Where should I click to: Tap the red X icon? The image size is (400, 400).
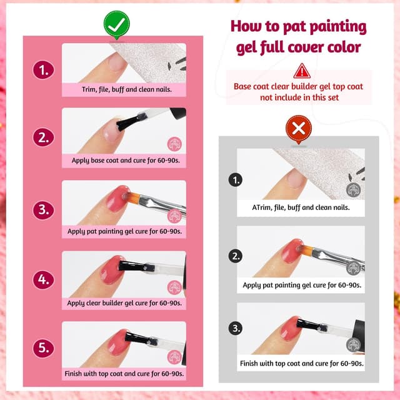[x=299, y=129]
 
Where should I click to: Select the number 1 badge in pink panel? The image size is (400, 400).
[x=42, y=71]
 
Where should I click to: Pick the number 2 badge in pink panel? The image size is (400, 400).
[x=42, y=138]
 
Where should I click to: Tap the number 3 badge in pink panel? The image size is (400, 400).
[x=42, y=209]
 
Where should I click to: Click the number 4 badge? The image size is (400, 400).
[x=42, y=280]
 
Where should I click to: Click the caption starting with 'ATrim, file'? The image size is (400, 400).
[x=301, y=207]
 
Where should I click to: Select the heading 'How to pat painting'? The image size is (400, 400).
[x=298, y=27]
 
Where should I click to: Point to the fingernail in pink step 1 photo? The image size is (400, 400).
[x=116, y=62]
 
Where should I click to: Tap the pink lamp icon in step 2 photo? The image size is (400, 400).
[x=174, y=144]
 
